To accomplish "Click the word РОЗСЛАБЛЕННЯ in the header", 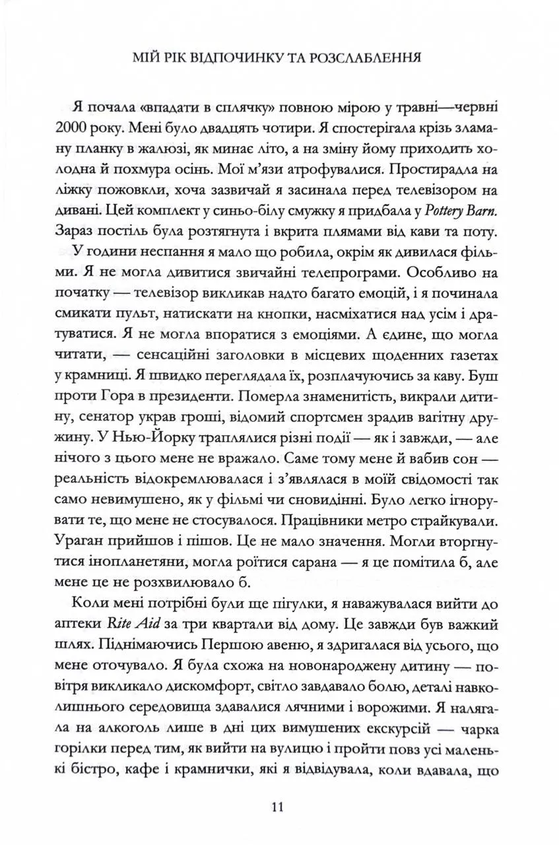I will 362,57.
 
